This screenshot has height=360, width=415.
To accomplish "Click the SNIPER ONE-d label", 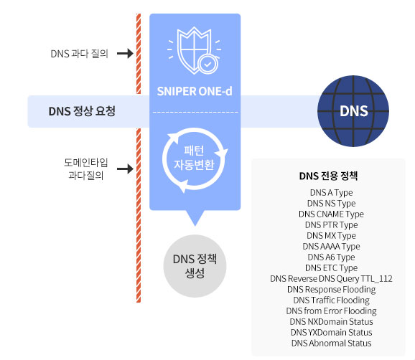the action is (x=195, y=92).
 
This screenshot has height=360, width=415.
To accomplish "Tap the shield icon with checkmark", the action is (x=195, y=51).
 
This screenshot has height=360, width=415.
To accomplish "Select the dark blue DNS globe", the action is (x=353, y=111).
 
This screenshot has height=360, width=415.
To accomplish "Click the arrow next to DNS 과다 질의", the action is (x=125, y=53).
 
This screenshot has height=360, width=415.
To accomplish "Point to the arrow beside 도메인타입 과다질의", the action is (x=125, y=169).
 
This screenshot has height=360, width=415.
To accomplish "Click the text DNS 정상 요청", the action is (x=82, y=111).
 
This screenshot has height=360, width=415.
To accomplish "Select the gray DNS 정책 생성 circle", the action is (x=195, y=266).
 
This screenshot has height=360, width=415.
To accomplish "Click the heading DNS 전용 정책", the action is (x=328, y=176).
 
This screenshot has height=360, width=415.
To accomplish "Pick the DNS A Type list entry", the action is (x=332, y=193).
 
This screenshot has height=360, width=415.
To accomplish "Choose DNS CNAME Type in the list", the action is (x=332, y=214).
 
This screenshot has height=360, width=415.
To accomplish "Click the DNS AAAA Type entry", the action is (x=332, y=247).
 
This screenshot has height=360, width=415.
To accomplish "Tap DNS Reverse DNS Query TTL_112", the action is (x=332, y=278).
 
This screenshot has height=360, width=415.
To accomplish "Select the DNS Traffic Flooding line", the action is (x=332, y=300).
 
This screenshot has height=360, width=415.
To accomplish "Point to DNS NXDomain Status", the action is (x=332, y=322).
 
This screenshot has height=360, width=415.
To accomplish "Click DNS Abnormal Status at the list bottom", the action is (x=332, y=343).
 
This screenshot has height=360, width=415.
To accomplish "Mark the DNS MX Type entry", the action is (x=332, y=235).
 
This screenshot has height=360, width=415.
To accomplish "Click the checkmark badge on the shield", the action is (x=208, y=65).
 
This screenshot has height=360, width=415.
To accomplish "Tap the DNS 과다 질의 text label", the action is (x=80, y=54).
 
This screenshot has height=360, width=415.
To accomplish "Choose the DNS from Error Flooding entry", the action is (x=332, y=311).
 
